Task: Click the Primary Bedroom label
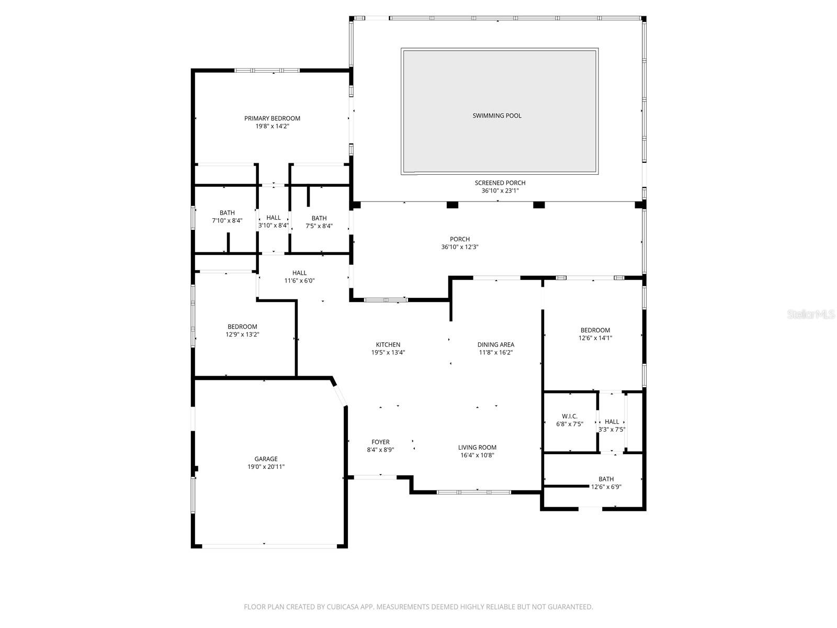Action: (272, 118)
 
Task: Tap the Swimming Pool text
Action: (497, 116)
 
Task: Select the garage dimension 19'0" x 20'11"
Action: (266, 467)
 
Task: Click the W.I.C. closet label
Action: (570, 416)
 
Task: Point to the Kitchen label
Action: (388, 344)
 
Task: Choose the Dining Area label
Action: (495, 344)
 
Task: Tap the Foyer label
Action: (380, 442)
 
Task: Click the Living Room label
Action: (477, 447)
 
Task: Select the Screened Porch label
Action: (500, 183)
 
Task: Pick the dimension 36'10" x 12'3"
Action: (460, 247)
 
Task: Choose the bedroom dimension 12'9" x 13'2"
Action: (242, 334)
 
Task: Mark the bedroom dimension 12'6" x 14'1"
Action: (595, 338)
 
